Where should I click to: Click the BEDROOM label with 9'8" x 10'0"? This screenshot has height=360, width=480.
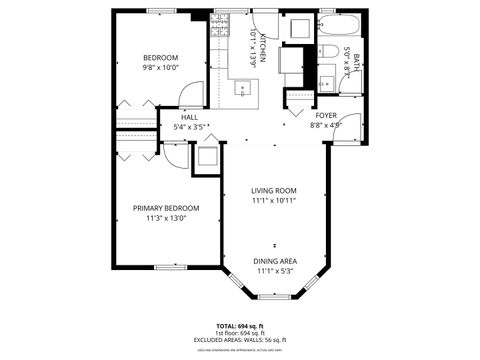pyautogui.click(x=160, y=58)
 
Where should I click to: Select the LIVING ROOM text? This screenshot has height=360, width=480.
pyautogui.click(x=274, y=190)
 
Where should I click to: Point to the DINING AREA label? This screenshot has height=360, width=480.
pyautogui.click(x=274, y=260)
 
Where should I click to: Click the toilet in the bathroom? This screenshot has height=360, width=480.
pyautogui.click(x=327, y=52)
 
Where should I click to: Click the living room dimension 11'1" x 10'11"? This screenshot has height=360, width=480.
pyautogui.click(x=274, y=200)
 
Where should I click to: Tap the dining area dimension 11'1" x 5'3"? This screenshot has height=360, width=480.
pyautogui.click(x=274, y=270)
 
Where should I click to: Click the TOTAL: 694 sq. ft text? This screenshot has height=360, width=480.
pyautogui.click(x=240, y=326)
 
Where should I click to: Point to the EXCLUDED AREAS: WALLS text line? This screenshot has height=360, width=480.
pyautogui.click(x=240, y=340)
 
